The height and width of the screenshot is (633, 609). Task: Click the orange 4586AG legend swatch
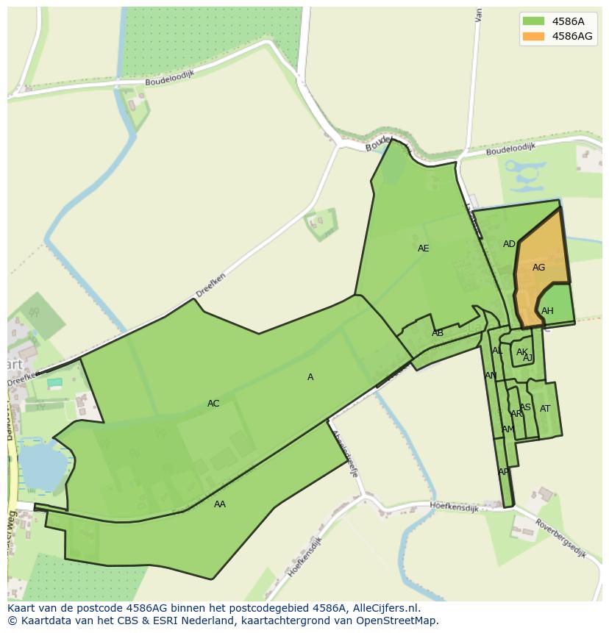pos(533,36)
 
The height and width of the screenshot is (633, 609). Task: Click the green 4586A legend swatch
pos(533,21)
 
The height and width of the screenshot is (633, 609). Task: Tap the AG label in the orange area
pos(538,268)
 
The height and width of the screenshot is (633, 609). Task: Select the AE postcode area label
pos(423,248)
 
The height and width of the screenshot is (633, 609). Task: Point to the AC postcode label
pos(213,404)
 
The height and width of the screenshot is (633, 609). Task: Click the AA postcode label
pos(220,504)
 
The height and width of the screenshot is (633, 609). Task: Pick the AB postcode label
pos(438,333)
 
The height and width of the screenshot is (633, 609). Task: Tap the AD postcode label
pos(509,244)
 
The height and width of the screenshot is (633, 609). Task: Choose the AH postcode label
pos(547,311)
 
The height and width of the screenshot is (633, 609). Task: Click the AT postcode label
pos(545,409)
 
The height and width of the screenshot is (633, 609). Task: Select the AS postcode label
pos(525,407)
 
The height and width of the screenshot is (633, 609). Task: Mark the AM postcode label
pos(508,429)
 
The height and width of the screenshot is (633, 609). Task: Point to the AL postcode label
pos(498,351)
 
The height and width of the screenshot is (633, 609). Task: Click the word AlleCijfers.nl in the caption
pos(385,608)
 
